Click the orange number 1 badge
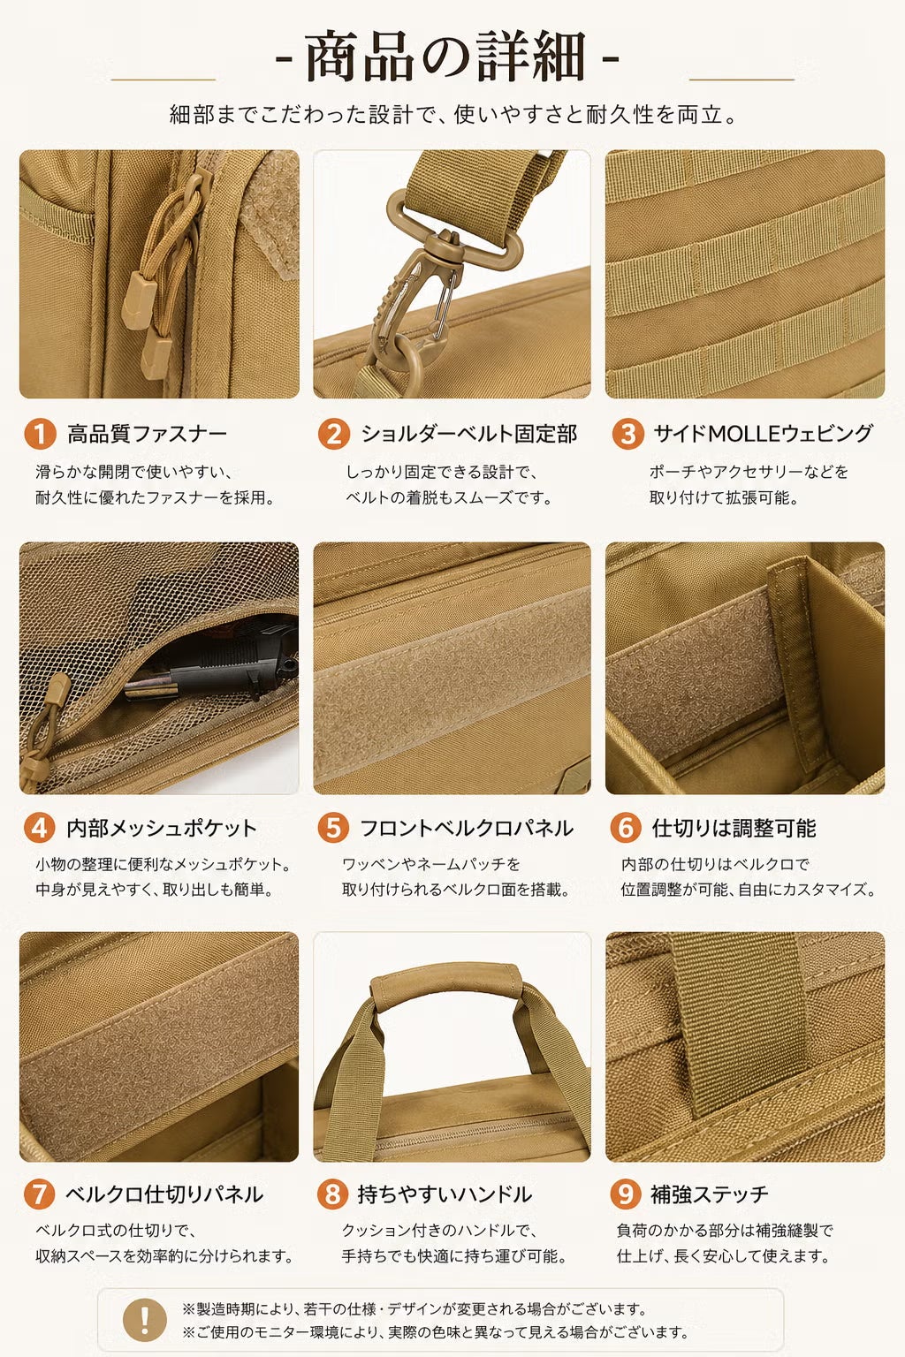(x=40, y=434)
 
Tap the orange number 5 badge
(x=333, y=828)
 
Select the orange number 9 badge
(x=626, y=1194)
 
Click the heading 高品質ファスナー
(x=148, y=434)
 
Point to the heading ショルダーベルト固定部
(x=468, y=434)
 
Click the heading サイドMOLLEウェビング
(x=764, y=434)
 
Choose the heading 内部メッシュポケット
(x=162, y=828)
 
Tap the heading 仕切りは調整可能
(x=734, y=828)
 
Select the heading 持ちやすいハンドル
(x=445, y=1194)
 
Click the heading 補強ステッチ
(x=709, y=1194)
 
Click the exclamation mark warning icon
(x=145, y=1320)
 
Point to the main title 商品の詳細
(x=446, y=57)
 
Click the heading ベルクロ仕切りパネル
(x=164, y=1194)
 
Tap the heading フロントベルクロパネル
(x=466, y=828)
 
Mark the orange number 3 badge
(x=628, y=434)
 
